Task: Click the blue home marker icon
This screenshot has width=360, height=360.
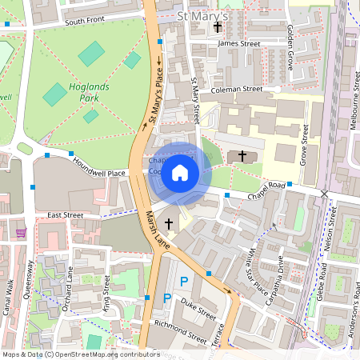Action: (x=180, y=172)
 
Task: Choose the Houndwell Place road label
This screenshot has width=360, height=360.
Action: (x=99, y=172)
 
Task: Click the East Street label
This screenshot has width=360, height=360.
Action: (x=65, y=215)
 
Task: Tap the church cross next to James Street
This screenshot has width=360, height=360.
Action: (x=218, y=27)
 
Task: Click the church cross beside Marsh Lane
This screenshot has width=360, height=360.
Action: (x=169, y=223)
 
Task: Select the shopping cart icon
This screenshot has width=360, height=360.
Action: (x=20, y=232)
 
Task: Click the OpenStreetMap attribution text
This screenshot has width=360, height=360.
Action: (x=81, y=354)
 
